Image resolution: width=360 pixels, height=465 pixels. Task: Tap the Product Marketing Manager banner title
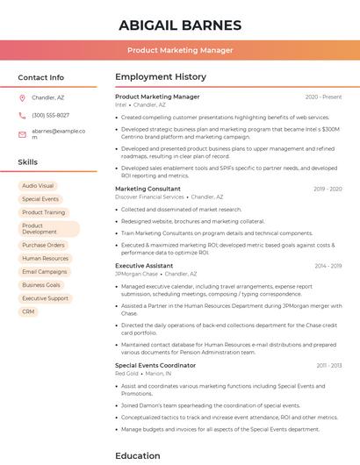click(180, 50)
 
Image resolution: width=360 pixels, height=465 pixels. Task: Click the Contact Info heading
click(40, 77)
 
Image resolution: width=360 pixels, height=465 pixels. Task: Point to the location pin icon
click(22, 97)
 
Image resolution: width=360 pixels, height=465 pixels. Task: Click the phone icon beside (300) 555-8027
click(22, 115)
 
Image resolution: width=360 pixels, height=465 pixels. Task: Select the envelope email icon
click(22, 133)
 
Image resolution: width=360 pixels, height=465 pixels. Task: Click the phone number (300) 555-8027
click(50, 115)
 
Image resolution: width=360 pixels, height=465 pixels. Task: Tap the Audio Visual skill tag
click(38, 186)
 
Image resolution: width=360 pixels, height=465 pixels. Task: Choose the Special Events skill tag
click(40, 199)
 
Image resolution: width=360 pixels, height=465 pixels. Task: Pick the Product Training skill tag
click(43, 212)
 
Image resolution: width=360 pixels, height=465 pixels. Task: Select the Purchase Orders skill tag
click(43, 246)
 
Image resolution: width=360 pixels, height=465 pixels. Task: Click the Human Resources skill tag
click(45, 259)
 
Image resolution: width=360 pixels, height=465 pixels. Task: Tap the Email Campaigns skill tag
click(45, 272)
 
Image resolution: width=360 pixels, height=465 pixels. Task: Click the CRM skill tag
click(28, 311)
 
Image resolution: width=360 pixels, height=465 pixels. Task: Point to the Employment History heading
click(161, 77)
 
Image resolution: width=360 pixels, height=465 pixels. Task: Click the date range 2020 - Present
click(323, 97)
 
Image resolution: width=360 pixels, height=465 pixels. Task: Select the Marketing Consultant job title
click(148, 189)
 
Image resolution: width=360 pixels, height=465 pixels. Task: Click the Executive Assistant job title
click(143, 265)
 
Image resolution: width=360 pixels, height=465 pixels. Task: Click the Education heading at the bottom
click(138, 455)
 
